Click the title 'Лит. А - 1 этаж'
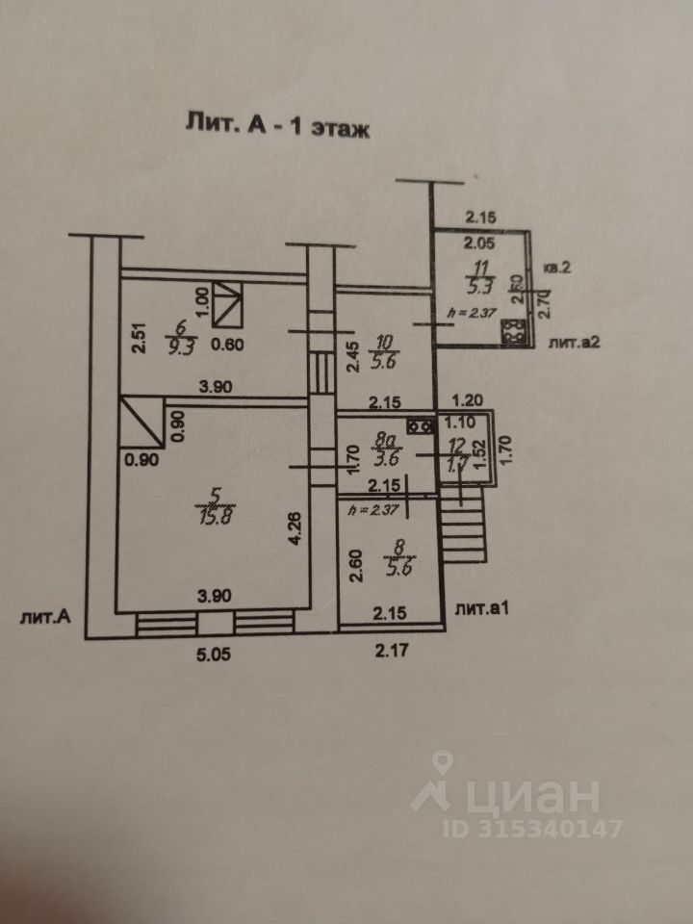276,125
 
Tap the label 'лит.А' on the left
45,617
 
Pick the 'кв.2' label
557,269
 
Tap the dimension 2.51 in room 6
140,339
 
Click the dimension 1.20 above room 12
468,399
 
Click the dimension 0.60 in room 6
227,348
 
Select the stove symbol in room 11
512,333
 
